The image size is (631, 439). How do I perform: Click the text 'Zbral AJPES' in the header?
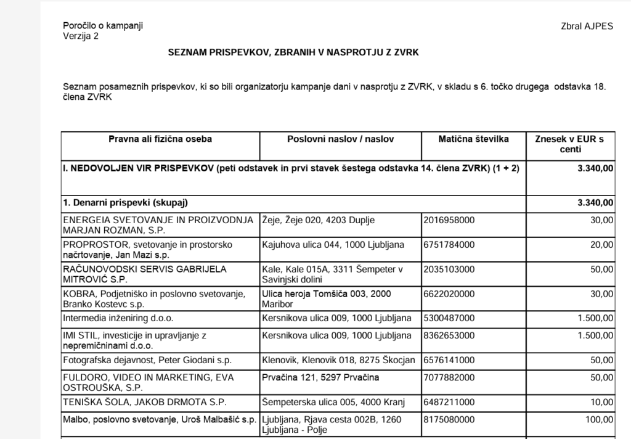pos(587,27)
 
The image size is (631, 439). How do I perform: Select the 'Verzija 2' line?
pos(81,36)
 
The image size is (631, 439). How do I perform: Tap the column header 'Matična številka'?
pos(474,139)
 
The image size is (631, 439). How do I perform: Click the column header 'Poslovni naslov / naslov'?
pos(341,139)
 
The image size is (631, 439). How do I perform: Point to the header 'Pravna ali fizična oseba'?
pos(160,139)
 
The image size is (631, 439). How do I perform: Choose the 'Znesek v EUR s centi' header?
pos(571,144)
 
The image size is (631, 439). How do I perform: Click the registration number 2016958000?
pos(449,220)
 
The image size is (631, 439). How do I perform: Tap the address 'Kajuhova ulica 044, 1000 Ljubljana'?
pos(333,245)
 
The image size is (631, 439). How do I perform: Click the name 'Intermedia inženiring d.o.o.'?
pos(118,318)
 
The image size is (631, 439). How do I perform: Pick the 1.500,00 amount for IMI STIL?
pos(593,335)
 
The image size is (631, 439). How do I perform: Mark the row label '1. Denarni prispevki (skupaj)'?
pos(125,203)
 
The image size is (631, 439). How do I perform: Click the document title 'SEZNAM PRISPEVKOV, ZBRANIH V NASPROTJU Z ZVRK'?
pos(293,53)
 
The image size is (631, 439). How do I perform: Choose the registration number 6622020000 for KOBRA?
pos(449,294)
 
